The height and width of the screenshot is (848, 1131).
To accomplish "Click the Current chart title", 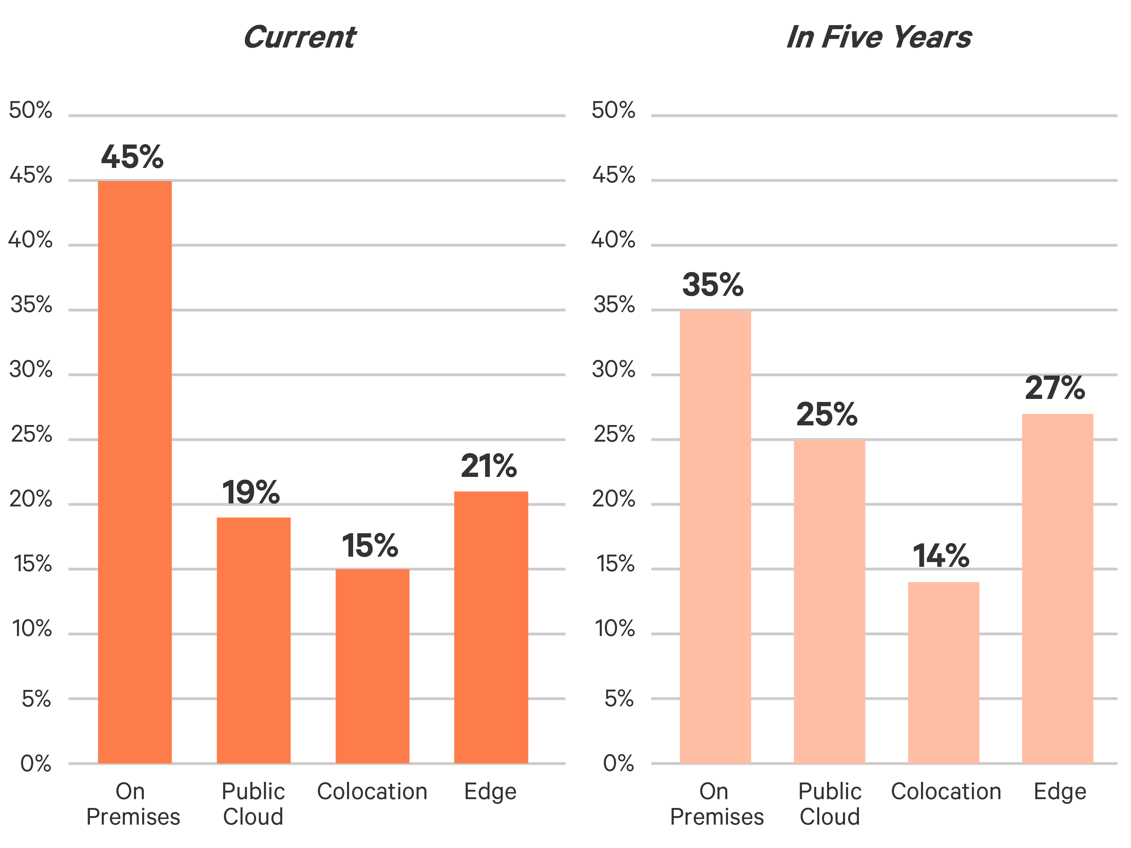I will pos(300,37).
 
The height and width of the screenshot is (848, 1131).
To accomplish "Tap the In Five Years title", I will pos(878,37).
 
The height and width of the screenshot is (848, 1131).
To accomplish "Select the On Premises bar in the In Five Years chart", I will pos(715,536).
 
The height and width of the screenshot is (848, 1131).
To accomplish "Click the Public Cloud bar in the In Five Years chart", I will pos(829,601).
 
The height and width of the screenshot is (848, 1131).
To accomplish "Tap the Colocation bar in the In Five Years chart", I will pos(943,672).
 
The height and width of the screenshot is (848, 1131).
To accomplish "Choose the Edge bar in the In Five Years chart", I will pos(1057,588).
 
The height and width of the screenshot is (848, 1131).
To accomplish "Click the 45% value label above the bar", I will pos(132,157).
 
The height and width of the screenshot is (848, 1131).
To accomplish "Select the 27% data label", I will pos(1055,388).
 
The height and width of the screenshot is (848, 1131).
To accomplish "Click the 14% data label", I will pos(941,556).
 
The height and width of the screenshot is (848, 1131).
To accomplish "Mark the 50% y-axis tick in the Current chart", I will pos(31,110).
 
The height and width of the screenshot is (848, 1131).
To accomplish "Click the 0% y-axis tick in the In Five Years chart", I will pos(619,764).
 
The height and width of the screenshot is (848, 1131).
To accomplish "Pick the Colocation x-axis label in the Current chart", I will pos(372,791).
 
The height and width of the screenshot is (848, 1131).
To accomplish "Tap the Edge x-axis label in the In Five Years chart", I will pos(1060,791).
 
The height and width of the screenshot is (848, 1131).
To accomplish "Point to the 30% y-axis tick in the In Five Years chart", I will pos(614,370).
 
